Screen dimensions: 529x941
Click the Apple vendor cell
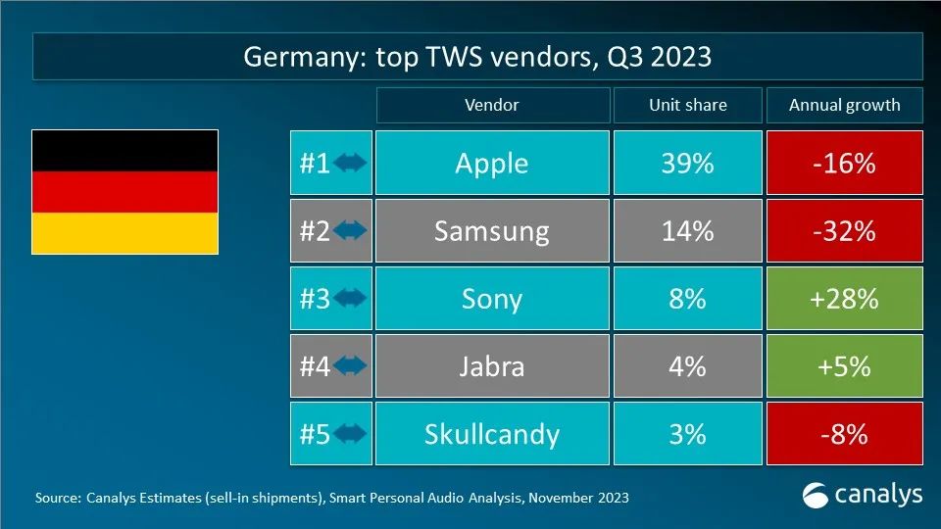click(x=491, y=163)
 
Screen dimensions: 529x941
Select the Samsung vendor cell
click(x=491, y=230)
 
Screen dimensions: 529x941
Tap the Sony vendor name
click(x=491, y=298)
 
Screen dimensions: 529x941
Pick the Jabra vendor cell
click(x=491, y=365)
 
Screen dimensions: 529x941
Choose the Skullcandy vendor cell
click(x=491, y=433)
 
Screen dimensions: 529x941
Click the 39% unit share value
click(x=687, y=163)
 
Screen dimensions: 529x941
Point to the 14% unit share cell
click(x=687, y=230)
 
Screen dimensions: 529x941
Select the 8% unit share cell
click(x=687, y=298)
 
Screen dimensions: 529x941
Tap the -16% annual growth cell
click(x=844, y=163)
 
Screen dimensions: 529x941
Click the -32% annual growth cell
click(x=844, y=230)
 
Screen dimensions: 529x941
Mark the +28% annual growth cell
click(x=844, y=298)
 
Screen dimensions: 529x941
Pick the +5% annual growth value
click(x=844, y=365)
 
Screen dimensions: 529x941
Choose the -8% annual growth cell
click(x=844, y=433)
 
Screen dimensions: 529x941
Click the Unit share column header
click(x=687, y=105)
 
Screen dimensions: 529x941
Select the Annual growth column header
click(x=844, y=105)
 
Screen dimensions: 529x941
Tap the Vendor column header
click(x=491, y=105)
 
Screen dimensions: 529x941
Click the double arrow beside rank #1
click(x=350, y=164)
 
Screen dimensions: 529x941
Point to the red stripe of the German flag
click(x=124, y=191)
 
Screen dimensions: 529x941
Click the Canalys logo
click(x=862, y=494)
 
